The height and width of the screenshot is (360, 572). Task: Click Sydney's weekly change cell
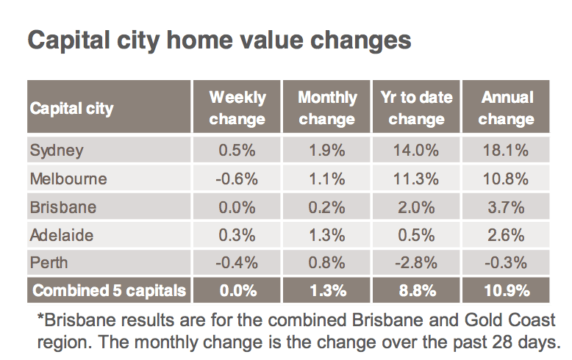[x=237, y=150]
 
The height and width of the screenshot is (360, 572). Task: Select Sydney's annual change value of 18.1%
[x=506, y=150]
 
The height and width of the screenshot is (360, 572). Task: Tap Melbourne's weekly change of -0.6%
[x=237, y=179]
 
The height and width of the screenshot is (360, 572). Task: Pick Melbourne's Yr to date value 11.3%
[x=416, y=179]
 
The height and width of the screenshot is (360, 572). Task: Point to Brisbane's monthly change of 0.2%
[x=326, y=207]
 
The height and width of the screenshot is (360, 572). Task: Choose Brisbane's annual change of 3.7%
[x=506, y=207]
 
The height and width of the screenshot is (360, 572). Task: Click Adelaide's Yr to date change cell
[x=416, y=235]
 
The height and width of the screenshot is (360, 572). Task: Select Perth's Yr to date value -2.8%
[x=416, y=263]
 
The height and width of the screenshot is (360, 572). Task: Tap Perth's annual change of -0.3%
[x=506, y=263]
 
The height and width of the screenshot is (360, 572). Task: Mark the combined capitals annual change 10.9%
[x=507, y=291]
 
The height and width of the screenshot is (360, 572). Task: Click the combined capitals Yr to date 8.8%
[x=418, y=291]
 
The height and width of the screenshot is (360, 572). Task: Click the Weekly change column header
[x=237, y=108]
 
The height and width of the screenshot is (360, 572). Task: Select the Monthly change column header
[x=327, y=108]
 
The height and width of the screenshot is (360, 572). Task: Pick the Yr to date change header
[x=416, y=108]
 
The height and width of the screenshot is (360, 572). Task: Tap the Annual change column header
[x=507, y=108]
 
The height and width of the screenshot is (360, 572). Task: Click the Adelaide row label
[x=62, y=235]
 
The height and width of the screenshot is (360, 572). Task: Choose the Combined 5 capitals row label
[x=109, y=291]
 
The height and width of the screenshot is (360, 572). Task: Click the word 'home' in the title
[x=199, y=40]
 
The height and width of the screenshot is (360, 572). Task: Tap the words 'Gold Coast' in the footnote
[x=510, y=320]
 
